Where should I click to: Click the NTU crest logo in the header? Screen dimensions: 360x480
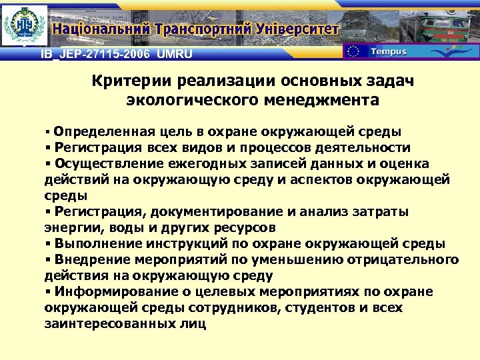click(25, 25)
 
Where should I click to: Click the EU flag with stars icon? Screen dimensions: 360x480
click(354, 51)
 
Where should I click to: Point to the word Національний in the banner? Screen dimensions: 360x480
click(101, 29)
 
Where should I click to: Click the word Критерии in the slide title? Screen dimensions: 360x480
click(132, 81)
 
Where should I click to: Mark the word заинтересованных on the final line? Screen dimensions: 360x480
click(113, 324)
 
